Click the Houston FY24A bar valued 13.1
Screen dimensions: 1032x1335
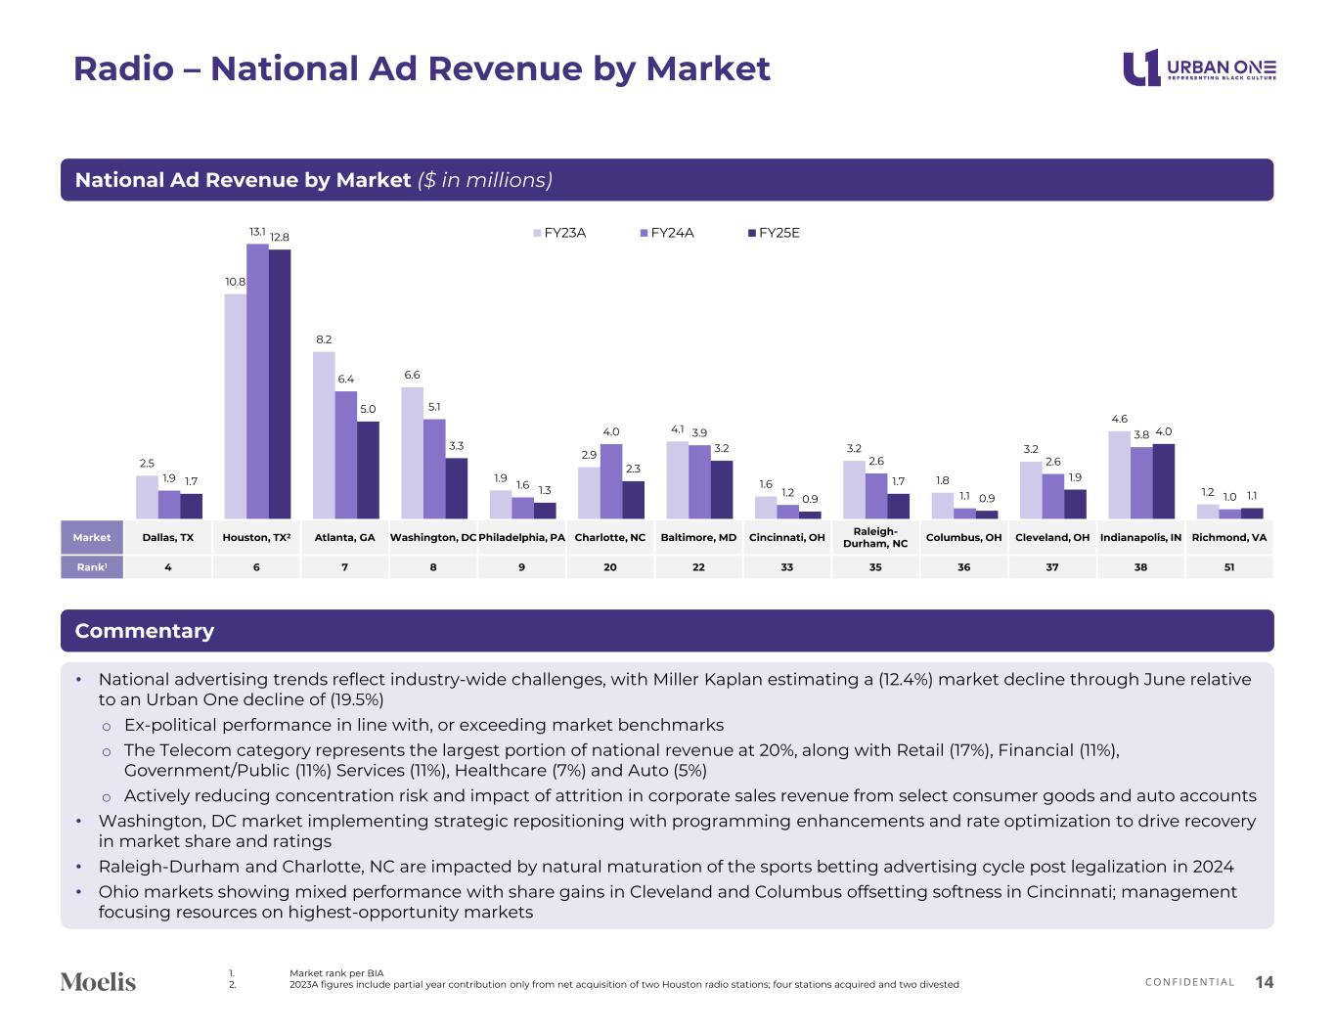[x=257, y=381]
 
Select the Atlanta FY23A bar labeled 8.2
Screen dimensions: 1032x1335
[x=324, y=435]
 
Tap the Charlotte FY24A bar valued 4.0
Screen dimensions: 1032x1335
[x=611, y=481]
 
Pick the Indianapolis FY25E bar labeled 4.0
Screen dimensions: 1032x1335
[x=1164, y=481]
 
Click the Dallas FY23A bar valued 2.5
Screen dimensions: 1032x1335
[x=147, y=497]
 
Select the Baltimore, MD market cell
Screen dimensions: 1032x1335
[x=698, y=537]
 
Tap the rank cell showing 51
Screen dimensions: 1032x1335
[x=1228, y=566]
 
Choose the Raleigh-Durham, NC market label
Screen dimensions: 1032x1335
[x=875, y=537]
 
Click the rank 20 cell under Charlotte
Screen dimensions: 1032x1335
[x=610, y=566]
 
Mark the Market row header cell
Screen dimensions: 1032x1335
[x=92, y=537]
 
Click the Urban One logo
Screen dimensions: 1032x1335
[x=1199, y=67]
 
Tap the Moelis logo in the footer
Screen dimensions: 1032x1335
[x=98, y=981]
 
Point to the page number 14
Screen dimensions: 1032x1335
[x=1264, y=982]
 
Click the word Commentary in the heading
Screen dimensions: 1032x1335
[x=145, y=631]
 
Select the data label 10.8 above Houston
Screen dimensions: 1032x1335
[x=235, y=282]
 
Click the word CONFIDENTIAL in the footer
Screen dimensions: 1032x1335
[x=1189, y=982]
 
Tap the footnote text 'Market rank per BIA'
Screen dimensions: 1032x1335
[x=336, y=972]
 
